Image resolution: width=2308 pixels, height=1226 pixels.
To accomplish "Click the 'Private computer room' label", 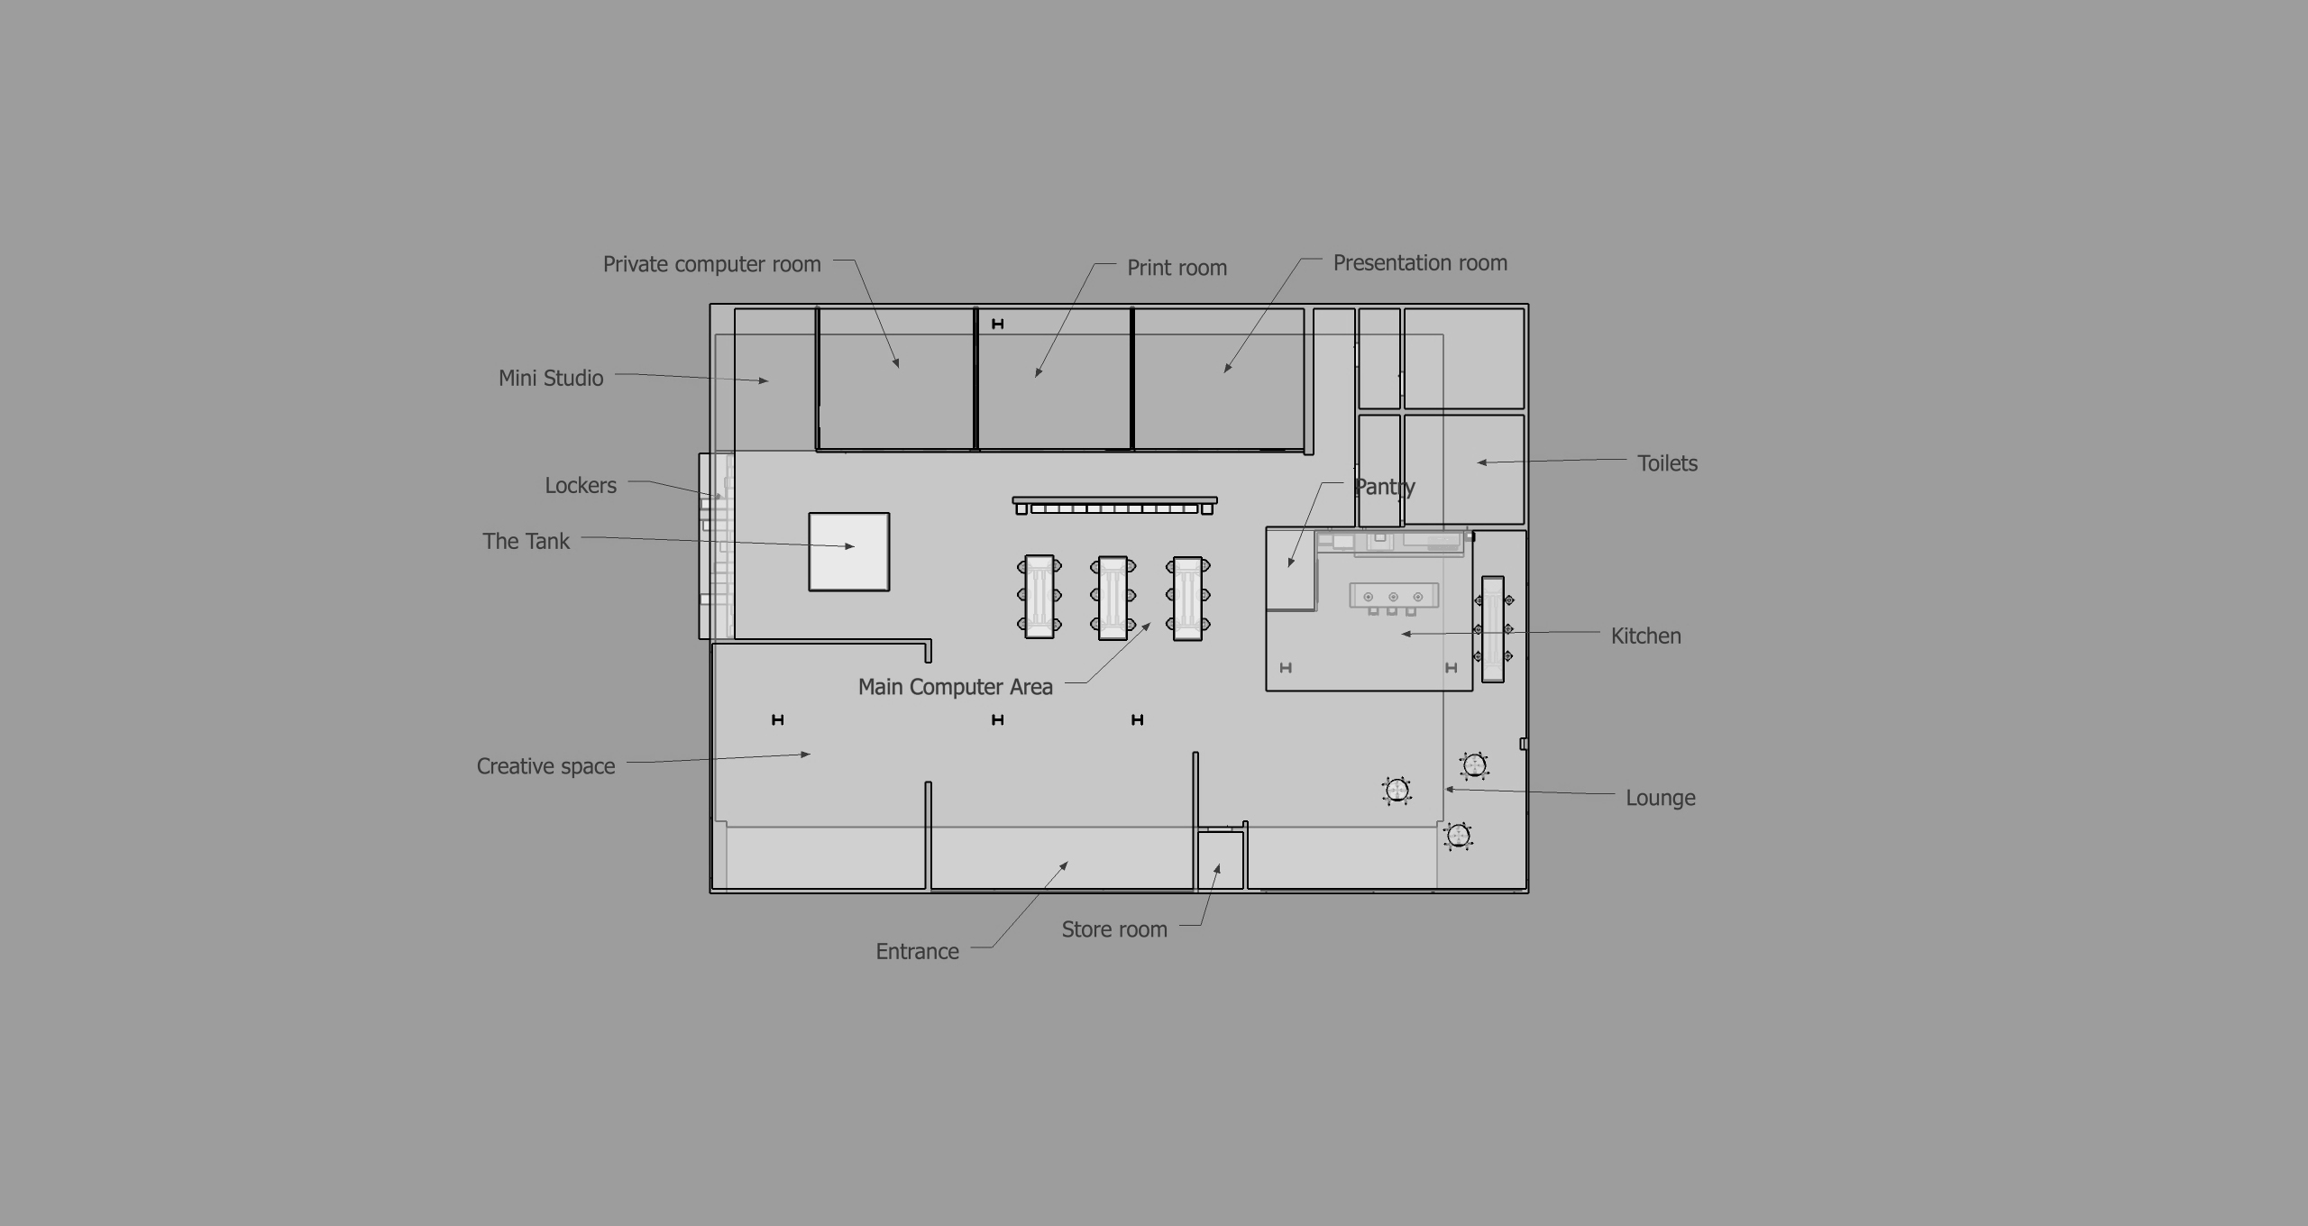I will tap(711, 264).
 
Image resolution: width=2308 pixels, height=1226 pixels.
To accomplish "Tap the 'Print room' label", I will tap(1177, 268).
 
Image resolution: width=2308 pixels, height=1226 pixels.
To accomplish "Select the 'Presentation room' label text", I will tap(1420, 263).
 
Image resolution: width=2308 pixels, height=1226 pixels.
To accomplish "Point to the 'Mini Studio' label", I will tap(551, 378).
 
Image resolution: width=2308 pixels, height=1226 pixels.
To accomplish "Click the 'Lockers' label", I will tap(581, 486).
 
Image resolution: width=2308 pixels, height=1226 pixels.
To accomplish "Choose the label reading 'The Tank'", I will tap(526, 541).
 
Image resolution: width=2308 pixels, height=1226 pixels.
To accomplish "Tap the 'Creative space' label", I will tap(545, 766).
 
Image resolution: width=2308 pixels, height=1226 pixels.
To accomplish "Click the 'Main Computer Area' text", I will tap(955, 687).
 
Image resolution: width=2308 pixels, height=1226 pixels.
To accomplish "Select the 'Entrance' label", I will tap(917, 951).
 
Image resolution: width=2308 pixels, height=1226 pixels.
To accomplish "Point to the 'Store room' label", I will tap(1113, 929).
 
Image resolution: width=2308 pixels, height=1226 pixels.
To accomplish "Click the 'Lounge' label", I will tap(1660, 798).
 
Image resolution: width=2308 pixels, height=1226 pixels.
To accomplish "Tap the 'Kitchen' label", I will tap(1645, 636).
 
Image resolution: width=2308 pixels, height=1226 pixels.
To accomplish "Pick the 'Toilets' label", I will tap(1667, 463).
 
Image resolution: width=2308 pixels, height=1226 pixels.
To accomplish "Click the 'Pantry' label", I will tap(1384, 487).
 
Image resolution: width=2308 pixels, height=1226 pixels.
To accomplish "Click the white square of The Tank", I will tap(848, 552).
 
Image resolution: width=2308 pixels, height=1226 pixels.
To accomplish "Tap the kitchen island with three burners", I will tap(1393, 596).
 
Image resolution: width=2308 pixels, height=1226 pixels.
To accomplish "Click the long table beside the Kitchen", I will tap(1493, 629).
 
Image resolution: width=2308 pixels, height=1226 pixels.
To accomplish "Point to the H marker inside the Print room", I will tap(997, 324).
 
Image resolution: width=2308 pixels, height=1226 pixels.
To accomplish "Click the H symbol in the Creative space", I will tap(778, 719).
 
